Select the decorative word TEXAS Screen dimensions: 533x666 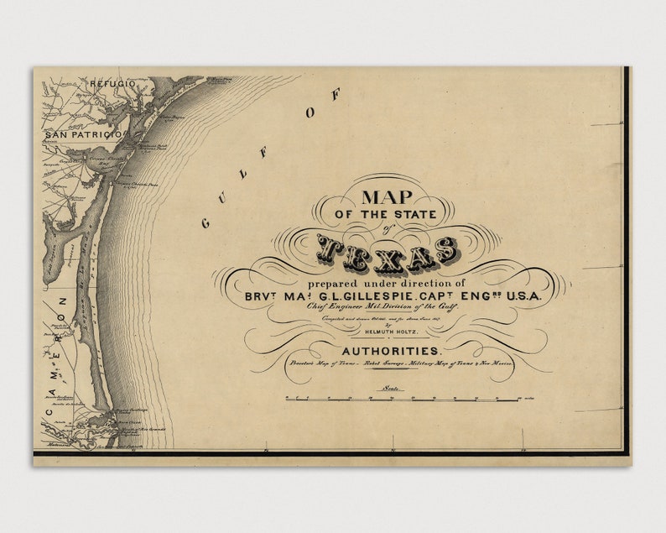(x=388, y=251)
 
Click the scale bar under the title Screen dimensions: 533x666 (x=402, y=399)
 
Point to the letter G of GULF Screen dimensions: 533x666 (x=206, y=222)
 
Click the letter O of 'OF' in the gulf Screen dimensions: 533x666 (x=311, y=113)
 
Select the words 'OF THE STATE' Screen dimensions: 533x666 (x=388, y=216)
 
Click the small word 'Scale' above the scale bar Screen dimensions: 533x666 (x=390, y=388)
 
